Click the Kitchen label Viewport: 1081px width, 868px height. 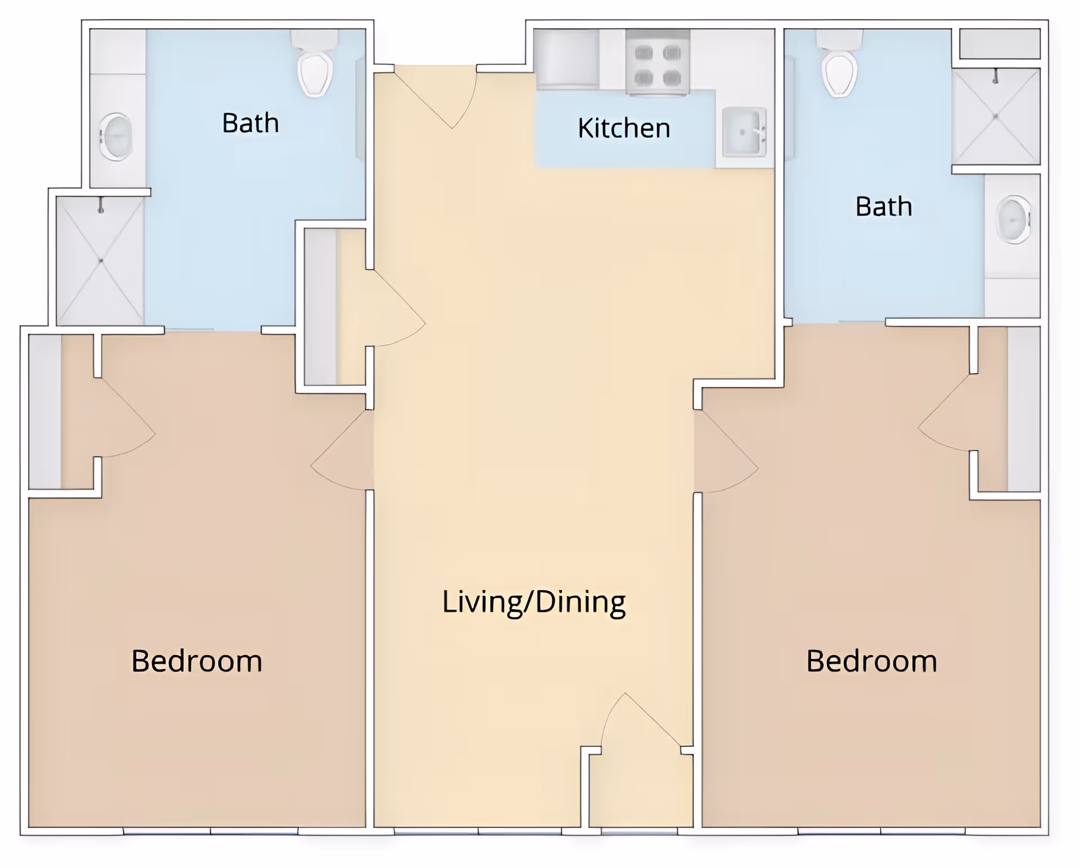coord(624,128)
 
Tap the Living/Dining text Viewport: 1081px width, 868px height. coord(534,602)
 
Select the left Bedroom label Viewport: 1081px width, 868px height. coord(196,661)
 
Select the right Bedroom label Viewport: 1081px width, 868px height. coord(872,661)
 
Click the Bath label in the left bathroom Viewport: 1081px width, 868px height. coord(251,123)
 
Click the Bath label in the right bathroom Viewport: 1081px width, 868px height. coord(883,207)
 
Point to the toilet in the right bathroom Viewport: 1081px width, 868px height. coord(839,63)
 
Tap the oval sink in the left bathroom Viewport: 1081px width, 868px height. coord(117,137)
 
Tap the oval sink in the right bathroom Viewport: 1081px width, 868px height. coord(1014,220)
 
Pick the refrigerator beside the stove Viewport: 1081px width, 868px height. coord(567,60)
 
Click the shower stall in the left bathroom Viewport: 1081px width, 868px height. coord(101,261)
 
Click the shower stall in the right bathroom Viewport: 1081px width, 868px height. coord(996,117)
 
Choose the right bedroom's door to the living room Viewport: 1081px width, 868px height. coord(726,453)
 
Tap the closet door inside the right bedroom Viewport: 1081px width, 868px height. coord(946,414)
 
